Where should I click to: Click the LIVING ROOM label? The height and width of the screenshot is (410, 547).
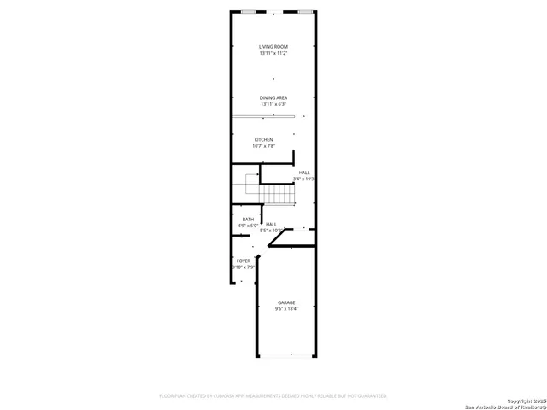click(273, 46)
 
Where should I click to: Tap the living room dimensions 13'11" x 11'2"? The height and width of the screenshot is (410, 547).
click(273, 53)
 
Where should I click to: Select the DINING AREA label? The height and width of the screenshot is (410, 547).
click(273, 97)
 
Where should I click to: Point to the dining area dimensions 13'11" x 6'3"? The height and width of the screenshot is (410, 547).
click(273, 104)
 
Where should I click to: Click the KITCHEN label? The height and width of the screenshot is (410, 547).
click(263, 139)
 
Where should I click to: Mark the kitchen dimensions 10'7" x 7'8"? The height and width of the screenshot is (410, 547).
click(263, 146)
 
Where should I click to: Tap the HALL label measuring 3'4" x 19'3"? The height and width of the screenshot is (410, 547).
click(304, 173)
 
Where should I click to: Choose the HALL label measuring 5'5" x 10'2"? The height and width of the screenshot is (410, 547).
click(271, 224)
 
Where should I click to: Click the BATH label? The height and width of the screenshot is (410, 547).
click(248, 219)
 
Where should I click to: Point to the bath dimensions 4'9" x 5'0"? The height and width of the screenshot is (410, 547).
click(248, 225)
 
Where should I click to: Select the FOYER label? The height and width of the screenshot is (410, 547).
click(244, 261)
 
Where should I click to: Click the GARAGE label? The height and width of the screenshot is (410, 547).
click(286, 302)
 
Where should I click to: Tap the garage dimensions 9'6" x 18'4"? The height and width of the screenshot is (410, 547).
click(286, 309)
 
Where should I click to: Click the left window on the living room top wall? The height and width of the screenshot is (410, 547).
click(249, 12)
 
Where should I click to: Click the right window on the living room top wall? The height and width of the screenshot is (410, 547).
click(305, 12)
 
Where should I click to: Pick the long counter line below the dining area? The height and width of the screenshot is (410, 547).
click(263, 116)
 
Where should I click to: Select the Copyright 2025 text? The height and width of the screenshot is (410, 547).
click(525, 400)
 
